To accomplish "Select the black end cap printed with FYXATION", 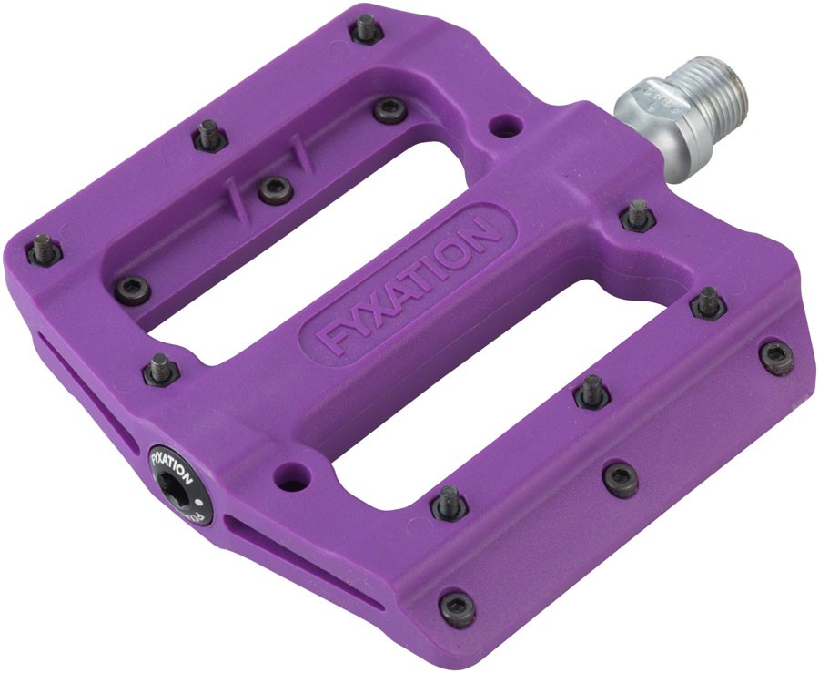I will point(181,483).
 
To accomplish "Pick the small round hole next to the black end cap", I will point(291,473).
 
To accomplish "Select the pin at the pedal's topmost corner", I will point(365,28).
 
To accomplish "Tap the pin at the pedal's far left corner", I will point(43,249).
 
